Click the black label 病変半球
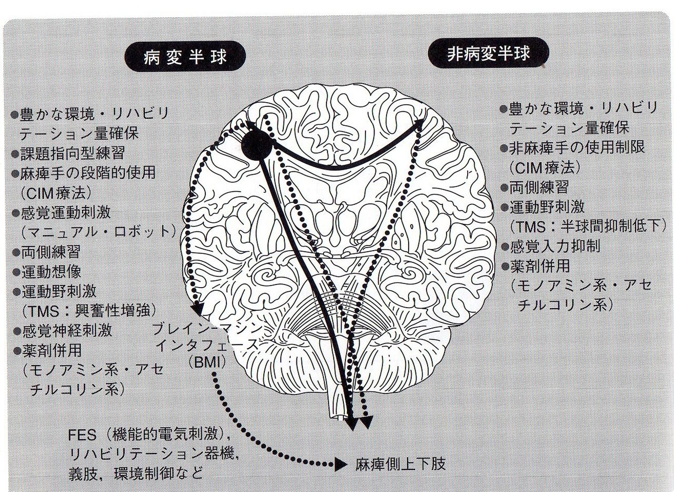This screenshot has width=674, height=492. point(185,56)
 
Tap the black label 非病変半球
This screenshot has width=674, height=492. point(488,54)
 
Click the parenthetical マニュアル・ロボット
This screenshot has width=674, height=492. point(100,232)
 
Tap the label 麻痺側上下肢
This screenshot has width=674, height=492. point(400,465)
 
